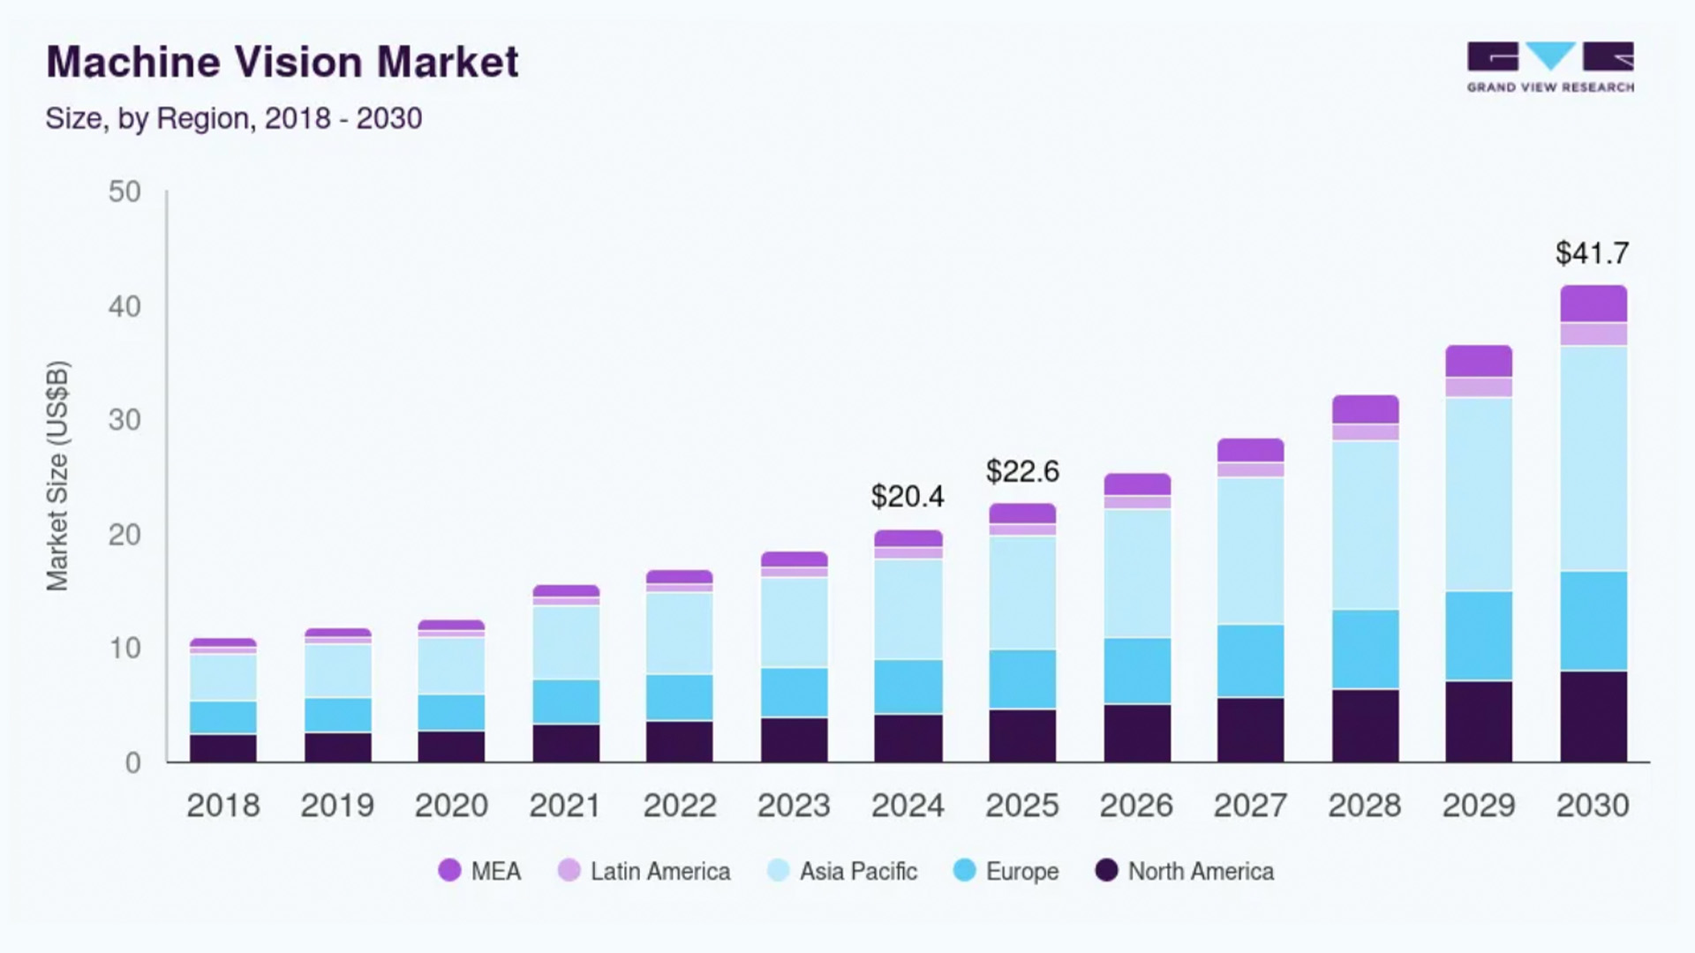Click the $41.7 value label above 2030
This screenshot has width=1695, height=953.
1592,254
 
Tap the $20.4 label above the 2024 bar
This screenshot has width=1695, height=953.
908,497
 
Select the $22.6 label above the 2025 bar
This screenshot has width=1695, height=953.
1022,472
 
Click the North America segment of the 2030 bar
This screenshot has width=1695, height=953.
1593,716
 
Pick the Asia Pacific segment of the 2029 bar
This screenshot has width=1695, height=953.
1479,494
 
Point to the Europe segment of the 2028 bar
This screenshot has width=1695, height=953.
1365,649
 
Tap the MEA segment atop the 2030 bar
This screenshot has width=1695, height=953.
1593,304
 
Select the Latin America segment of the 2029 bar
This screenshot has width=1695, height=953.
1479,387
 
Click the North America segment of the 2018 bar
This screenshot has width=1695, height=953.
223,747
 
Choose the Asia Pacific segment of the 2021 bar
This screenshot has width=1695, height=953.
566,642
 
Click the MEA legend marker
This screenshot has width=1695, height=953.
450,871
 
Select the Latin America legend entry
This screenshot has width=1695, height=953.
659,872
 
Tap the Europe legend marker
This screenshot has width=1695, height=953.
965,871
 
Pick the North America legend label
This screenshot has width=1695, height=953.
1201,872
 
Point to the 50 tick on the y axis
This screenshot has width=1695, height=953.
124,192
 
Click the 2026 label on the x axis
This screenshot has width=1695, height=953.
1136,806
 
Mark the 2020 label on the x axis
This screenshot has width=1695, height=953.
451,806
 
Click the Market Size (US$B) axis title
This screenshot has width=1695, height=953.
57,476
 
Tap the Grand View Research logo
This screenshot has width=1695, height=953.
1550,67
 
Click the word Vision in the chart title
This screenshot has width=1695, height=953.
298,63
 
